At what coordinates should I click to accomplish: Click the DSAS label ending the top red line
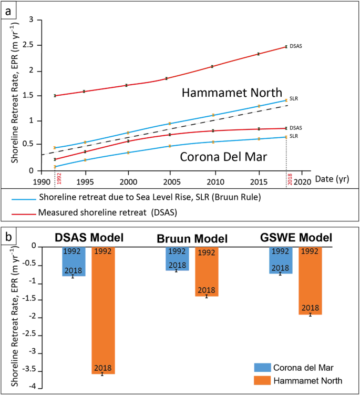(296, 46)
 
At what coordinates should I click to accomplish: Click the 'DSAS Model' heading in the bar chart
(89, 238)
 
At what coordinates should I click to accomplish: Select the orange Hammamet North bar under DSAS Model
(103, 310)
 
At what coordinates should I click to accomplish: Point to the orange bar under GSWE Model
(310, 280)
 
